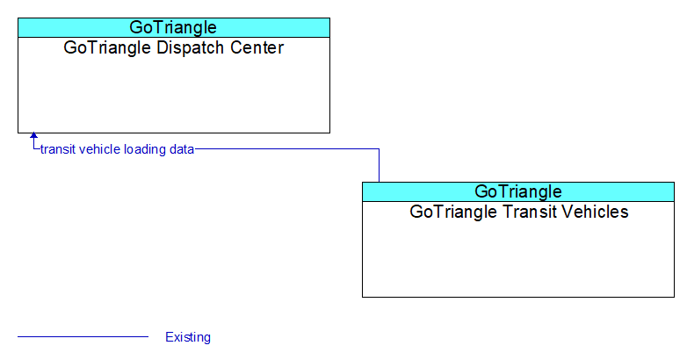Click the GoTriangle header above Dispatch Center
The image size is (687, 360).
pyautogui.click(x=173, y=27)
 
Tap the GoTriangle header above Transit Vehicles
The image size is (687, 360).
pyautogui.click(x=517, y=191)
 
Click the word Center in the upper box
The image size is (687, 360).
pyautogui.click(x=257, y=47)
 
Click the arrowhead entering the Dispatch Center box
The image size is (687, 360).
pyautogui.click(x=33, y=136)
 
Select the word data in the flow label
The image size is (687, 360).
pyautogui.click(x=182, y=149)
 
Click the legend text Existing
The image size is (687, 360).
pyautogui.click(x=188, y=337)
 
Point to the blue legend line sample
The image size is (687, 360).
pyautogui.click(x=83, y=337)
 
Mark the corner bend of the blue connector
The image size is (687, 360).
pyautogui.click(x=379, y=149)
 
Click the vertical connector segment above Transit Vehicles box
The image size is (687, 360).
pyautogui.click(x=379, y=166)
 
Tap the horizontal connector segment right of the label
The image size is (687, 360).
pyautogui.click(x=287, y=149)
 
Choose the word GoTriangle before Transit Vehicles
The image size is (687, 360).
pyautogui.click(x=454, y=212)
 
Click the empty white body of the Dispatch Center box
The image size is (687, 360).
pyautogui.click(x=173, y=94)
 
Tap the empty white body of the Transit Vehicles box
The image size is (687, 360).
pyautogui.click(x=517, y=258)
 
